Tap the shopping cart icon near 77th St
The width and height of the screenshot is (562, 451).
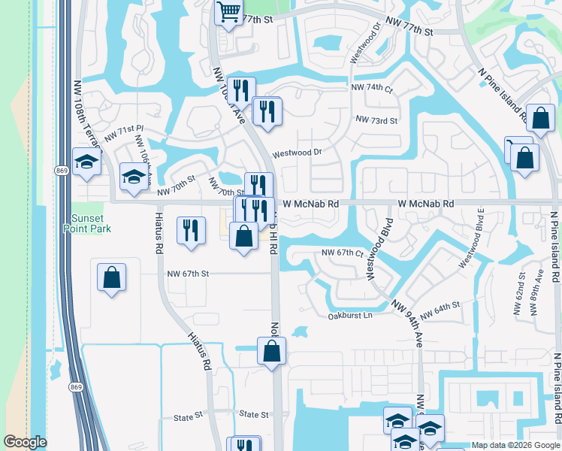pos(228,11)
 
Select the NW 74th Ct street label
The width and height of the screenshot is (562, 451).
pos(372,88)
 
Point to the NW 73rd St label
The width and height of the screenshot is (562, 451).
pos(376,120)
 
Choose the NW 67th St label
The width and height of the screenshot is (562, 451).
pos(187,274)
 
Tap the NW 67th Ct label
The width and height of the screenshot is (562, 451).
pos(342,253)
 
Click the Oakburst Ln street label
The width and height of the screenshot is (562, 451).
pos(350,316)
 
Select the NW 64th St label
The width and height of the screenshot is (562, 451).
pos(440,308)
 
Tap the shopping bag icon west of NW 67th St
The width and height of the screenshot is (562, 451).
pos(111,277)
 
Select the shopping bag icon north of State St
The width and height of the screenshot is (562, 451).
pos(271,350)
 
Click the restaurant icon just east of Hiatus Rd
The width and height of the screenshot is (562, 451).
pos(191,229)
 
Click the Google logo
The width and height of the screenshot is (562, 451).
pos(25,443)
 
